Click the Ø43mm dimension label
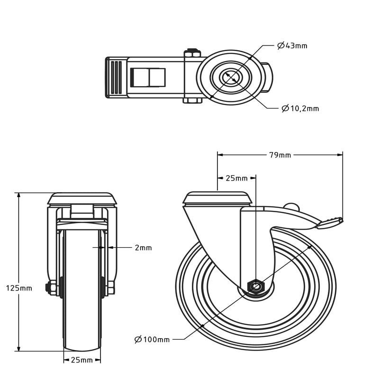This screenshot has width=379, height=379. click(292, 45)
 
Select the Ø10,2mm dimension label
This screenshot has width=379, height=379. click(300, 108)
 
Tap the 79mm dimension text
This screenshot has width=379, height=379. click(280, 155)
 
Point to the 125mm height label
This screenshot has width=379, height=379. click(19, 288)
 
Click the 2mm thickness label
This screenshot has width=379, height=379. click(144, 248)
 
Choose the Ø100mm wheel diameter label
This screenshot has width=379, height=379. click(152, 340)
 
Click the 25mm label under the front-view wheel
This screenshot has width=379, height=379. click(81, 360)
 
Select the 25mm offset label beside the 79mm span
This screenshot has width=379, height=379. click(236, 179)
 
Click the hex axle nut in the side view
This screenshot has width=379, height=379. click(256, 287)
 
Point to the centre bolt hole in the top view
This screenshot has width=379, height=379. click(230, 77)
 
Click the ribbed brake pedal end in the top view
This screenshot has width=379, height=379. click(116, 78)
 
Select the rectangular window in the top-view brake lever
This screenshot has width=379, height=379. click(148, 78)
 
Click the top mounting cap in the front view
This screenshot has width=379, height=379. click(82, 199)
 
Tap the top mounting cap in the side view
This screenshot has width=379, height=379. click(217, 198)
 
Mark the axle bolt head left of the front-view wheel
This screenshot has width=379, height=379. click(52, 288)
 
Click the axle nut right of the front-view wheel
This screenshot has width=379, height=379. click(111, 288)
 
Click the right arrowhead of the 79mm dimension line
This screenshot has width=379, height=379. click(340, 155)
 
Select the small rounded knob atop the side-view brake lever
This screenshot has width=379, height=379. click(291, 206)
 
